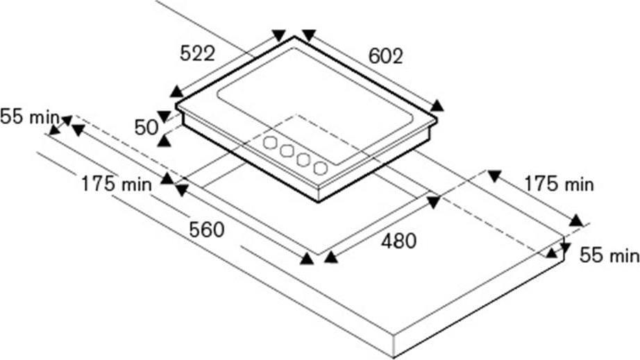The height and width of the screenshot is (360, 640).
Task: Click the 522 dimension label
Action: (197, 53)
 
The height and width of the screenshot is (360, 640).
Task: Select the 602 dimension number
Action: (385, 56)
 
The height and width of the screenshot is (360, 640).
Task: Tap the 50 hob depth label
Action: (146, 128)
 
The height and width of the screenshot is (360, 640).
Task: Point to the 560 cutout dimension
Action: (207, 230)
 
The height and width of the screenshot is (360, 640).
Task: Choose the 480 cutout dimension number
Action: (398, 241)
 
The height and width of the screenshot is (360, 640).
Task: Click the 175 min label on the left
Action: (117, 184)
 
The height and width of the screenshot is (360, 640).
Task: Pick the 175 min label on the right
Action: (559, 184)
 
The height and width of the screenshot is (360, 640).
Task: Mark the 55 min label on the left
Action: (30, 117)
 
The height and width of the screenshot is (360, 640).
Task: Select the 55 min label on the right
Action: (609, 256)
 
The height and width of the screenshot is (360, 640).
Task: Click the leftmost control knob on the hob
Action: (270, 143)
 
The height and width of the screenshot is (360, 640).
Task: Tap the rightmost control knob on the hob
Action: (321, 168)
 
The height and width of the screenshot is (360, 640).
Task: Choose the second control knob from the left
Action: (287, 151)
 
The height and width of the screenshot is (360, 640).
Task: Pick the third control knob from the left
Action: (303, 160)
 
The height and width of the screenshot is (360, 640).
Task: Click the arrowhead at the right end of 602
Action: (437, 106)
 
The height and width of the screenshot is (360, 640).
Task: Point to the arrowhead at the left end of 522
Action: (176, 92)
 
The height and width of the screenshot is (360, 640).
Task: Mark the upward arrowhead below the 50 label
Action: (164, 141)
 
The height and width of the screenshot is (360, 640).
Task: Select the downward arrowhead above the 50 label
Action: (164, 117)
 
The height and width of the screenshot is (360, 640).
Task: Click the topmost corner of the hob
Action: (294, 37)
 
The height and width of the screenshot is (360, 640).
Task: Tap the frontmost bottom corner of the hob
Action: (319, 201)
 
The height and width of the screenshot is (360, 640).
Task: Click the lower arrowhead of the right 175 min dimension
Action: (576, 221)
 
